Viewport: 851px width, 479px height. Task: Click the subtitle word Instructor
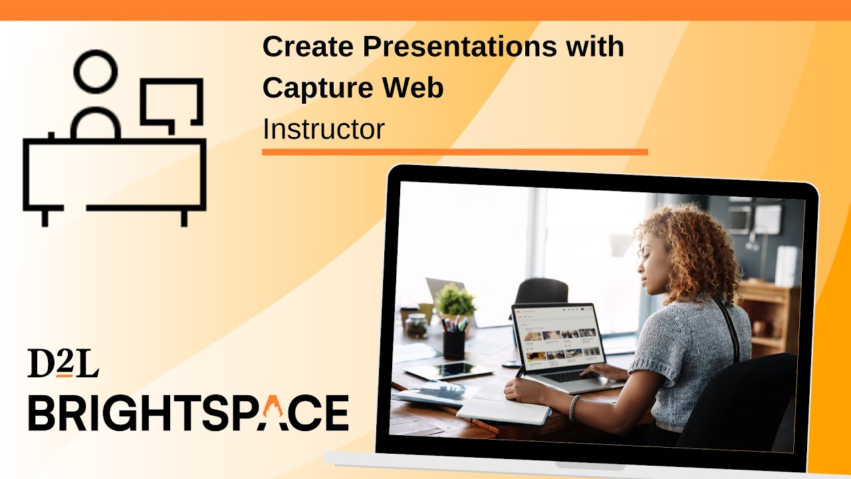coord(323,129)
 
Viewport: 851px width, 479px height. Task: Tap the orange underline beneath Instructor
coord(455,152)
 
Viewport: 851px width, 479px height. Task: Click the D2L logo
coord(62,363)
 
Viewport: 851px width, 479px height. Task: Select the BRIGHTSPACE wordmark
coord(188,412)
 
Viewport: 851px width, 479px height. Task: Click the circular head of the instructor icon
coord(96,71)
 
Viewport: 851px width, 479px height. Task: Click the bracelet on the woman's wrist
coord(574,407)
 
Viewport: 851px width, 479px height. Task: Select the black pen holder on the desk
coord(454,345)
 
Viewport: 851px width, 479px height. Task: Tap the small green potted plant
coord(455,301)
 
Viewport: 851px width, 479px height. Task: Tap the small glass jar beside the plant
coord(418,325)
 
